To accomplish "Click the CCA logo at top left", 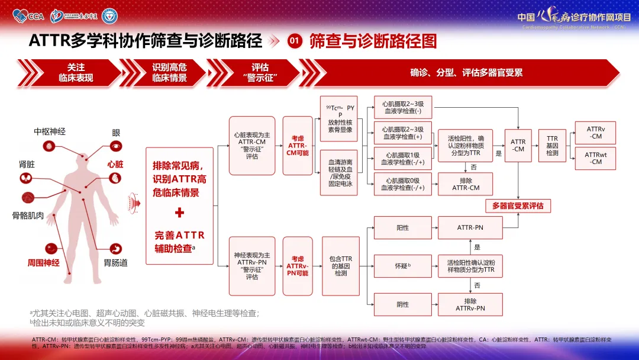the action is click(29, 16).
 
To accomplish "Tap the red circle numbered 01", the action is click(295, 41).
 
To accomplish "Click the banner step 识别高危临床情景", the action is click(170, 73).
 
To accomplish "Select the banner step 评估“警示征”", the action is click(260, 73).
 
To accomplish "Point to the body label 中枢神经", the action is click(49, 132).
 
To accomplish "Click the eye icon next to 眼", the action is click(116, 145).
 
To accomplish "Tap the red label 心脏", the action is click(115, 164).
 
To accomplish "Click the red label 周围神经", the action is click(44, 262).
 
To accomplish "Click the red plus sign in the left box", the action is click(180, 213).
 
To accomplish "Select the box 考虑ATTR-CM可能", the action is click(298, 145).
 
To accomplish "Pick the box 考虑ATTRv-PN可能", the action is click(298, 266).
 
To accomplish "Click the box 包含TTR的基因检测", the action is click(341, 266).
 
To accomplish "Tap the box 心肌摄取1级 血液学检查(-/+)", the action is click(404, 158).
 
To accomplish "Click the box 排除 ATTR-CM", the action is click(466, 184).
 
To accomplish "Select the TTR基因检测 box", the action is click(553, 146).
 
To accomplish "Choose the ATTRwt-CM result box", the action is click(595, 158).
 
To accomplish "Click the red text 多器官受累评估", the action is click(518, 206).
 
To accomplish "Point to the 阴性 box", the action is click(403, 304).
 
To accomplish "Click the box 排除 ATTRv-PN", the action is click(470, 304).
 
